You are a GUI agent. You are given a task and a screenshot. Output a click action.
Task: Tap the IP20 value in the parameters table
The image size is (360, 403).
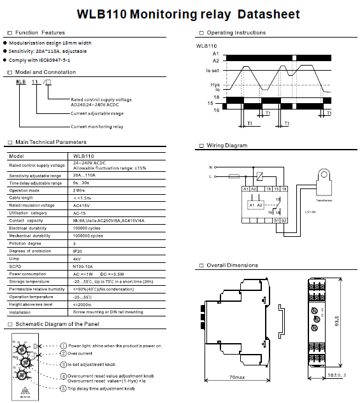pyautogui.click(x=78, y=250)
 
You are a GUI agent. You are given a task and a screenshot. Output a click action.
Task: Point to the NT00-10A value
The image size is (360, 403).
pyautogui.click(x=84, y=266)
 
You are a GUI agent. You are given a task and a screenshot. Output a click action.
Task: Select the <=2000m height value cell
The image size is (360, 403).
pyautogui.click(x=85, y=304)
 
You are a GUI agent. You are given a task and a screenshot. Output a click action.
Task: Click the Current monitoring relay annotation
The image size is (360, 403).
pyautogui.click(x=97, y=126)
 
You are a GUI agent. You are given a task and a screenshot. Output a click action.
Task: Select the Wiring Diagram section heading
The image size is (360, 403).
pyautogui.click(x=226, y=146)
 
